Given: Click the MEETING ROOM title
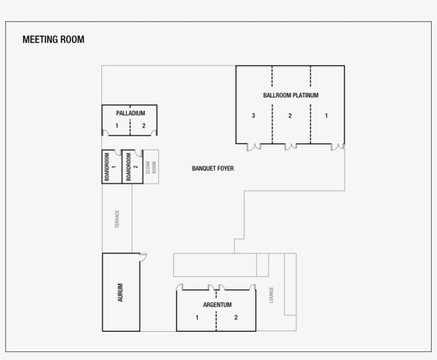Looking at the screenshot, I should [53, 39].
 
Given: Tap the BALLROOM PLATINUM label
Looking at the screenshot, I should [290, 96].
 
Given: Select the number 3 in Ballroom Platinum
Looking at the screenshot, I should [254, 116].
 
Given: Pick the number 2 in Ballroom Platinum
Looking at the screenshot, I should [290, 116].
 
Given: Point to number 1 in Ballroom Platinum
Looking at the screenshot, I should [326, 116].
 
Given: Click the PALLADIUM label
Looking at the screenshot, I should [130, 113].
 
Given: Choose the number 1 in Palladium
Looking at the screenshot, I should [117, 126].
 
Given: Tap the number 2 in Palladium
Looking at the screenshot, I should [143, 126].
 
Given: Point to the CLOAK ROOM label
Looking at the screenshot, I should [151, 167].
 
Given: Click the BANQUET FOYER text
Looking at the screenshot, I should [213, 168].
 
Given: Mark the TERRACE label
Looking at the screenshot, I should [117, 219].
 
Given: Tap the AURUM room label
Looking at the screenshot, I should [120, 293].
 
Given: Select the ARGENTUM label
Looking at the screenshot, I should [217, 305].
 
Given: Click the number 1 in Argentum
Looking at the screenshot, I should [197, 318].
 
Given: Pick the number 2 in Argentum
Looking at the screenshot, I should [236, 318].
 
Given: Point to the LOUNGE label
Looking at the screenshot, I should [271, 295].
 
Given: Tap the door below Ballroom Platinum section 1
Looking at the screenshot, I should [337, 146].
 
